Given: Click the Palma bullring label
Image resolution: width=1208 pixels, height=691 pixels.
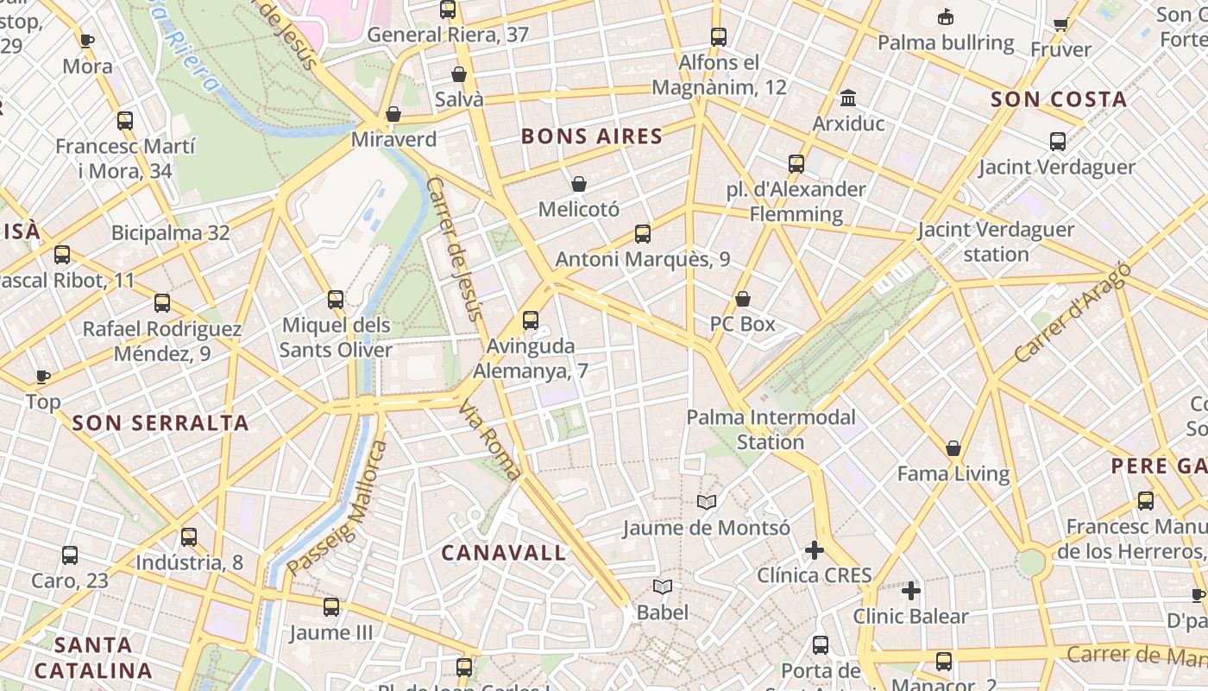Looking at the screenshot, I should coord(946,42).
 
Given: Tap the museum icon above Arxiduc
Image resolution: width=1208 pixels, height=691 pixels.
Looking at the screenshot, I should coord(848,98).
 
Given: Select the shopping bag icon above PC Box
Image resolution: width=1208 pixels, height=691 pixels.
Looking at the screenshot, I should coord(743,300).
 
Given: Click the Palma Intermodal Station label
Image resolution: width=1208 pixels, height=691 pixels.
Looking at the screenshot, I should coord(771,429).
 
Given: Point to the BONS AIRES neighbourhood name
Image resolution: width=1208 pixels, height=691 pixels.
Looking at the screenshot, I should coord(592,136).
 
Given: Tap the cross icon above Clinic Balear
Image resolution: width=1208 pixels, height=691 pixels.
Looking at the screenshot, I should coord(911,591).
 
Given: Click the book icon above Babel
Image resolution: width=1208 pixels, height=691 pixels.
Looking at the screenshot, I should coord(663,587).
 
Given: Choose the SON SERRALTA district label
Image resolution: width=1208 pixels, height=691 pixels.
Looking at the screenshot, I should coord(161,423).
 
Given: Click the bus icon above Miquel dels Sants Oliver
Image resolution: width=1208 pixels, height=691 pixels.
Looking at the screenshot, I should coord(336,300).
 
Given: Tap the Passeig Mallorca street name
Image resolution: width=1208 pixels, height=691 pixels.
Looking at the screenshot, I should coord(338,509).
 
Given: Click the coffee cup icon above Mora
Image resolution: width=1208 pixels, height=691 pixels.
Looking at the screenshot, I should coord(87,40).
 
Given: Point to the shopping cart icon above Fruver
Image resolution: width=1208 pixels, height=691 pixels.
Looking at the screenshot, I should coord(1060,24).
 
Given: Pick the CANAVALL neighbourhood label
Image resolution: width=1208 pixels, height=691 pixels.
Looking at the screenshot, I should coord(504,553).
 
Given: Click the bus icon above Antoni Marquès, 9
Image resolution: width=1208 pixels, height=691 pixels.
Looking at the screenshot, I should coord(643,233).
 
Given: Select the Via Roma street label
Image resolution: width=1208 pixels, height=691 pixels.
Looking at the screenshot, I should coord(490,440).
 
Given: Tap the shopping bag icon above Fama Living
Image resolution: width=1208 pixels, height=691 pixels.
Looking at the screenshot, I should coord(953,448).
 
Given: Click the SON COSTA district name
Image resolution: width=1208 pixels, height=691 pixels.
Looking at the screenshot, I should coord(1059,99).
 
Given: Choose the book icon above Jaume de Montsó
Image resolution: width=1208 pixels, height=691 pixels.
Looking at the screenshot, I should coord(707,503).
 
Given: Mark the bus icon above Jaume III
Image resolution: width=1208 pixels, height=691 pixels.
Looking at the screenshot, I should coord(331,607).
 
